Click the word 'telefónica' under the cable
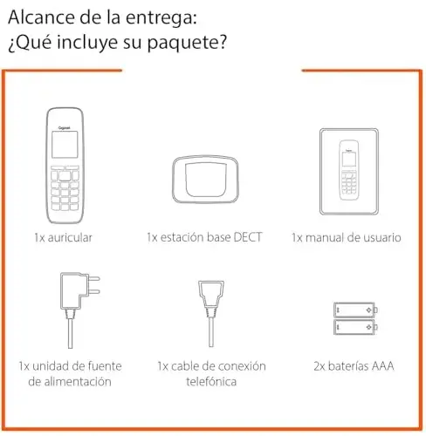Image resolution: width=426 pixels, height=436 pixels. (x=210, y=382)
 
